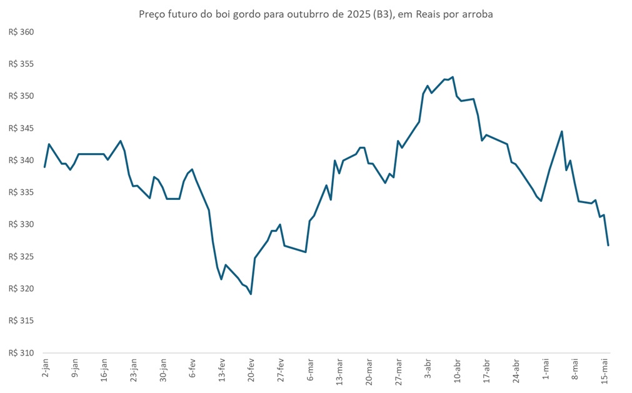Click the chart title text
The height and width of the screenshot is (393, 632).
[x=316, y=14]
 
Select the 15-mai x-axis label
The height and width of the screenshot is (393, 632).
[x=605, y=371]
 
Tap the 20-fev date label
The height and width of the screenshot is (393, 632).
[x=252, y=371]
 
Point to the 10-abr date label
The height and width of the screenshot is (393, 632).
[x=458, y=371]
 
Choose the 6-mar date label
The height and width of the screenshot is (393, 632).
[x=311, y=370]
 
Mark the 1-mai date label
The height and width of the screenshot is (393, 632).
[x=546, y=370]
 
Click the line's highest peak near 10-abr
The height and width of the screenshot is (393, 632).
[x=453, y=77]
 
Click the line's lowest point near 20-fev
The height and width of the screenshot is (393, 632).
[x=251, y=294]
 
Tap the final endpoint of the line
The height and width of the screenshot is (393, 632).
[x=608, y=245]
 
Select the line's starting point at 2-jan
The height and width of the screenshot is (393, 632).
[x=44, y=167]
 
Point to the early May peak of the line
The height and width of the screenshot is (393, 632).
[x=562, y=131]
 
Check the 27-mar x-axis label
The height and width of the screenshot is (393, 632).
[x=399, y=371]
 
